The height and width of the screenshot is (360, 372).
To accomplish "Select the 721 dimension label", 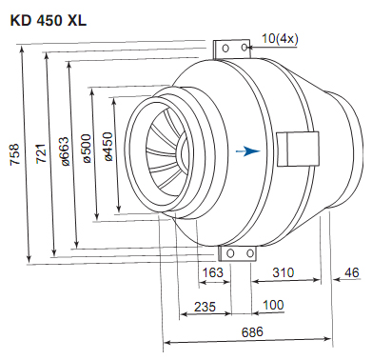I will click(x=41, y=154).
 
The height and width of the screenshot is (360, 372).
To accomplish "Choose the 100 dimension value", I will click(x=272, y=306).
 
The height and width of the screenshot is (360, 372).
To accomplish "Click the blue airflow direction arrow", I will click(x=249, y=150).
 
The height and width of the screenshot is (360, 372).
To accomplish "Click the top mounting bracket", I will click(x=234, y=48).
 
